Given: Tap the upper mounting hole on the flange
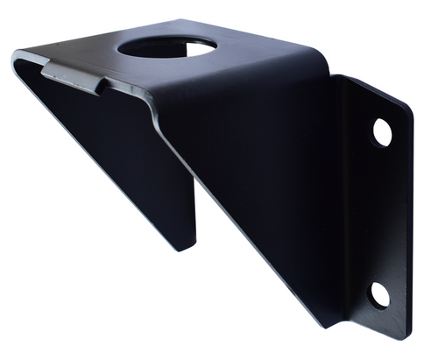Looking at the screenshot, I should click(x=382, y=132).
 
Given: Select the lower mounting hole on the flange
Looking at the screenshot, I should click(x=379, y=294).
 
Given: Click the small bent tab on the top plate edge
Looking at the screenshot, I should click(x=74, y=77).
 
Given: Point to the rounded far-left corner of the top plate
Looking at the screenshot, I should click(x=18, y=60).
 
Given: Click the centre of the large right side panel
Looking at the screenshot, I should click(x=263, y=175).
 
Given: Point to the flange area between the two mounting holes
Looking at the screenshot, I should click(x=381, y=215).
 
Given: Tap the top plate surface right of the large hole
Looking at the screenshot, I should click(x=254, y=57).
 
